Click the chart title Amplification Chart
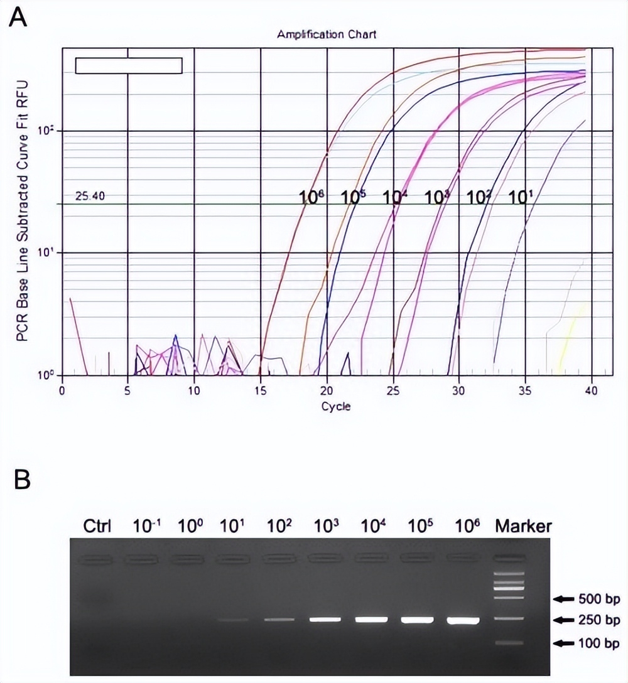pos(327,35)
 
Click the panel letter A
pos(19,18)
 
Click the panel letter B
pos(22,481)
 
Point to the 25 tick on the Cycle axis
pos(393,389)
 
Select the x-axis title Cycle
pos(336,406)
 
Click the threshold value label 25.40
pos(90,196)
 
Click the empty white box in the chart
pos(129,65)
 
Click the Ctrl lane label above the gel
pos(97,525)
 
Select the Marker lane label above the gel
pos(523,525)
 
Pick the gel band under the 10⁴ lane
pos(371,619)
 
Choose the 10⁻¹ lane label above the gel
pos(144,525)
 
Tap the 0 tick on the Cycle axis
pos(62,389)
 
